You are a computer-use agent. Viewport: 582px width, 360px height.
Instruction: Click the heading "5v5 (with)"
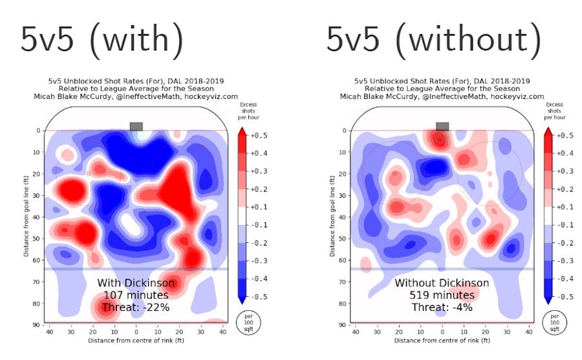[x=102, y=40]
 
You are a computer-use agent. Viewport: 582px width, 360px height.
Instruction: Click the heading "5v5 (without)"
[x=434, y=40]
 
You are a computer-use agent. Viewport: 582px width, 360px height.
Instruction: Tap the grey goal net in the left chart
[x=136, y=126]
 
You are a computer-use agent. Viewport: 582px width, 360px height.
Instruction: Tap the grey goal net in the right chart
[x=442, y=126]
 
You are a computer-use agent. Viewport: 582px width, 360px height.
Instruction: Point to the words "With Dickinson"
[x=136, y=283]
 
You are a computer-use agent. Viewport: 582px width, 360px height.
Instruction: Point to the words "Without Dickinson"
[x=442, y=283]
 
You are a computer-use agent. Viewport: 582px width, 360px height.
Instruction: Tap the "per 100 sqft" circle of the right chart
[x=554, y=321]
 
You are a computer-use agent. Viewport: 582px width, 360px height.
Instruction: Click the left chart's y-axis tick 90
[x=38, y=324]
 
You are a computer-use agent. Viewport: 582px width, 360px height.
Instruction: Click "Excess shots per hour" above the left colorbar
[x=248, y=111]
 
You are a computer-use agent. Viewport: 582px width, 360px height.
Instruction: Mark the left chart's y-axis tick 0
[x=39, y=131]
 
